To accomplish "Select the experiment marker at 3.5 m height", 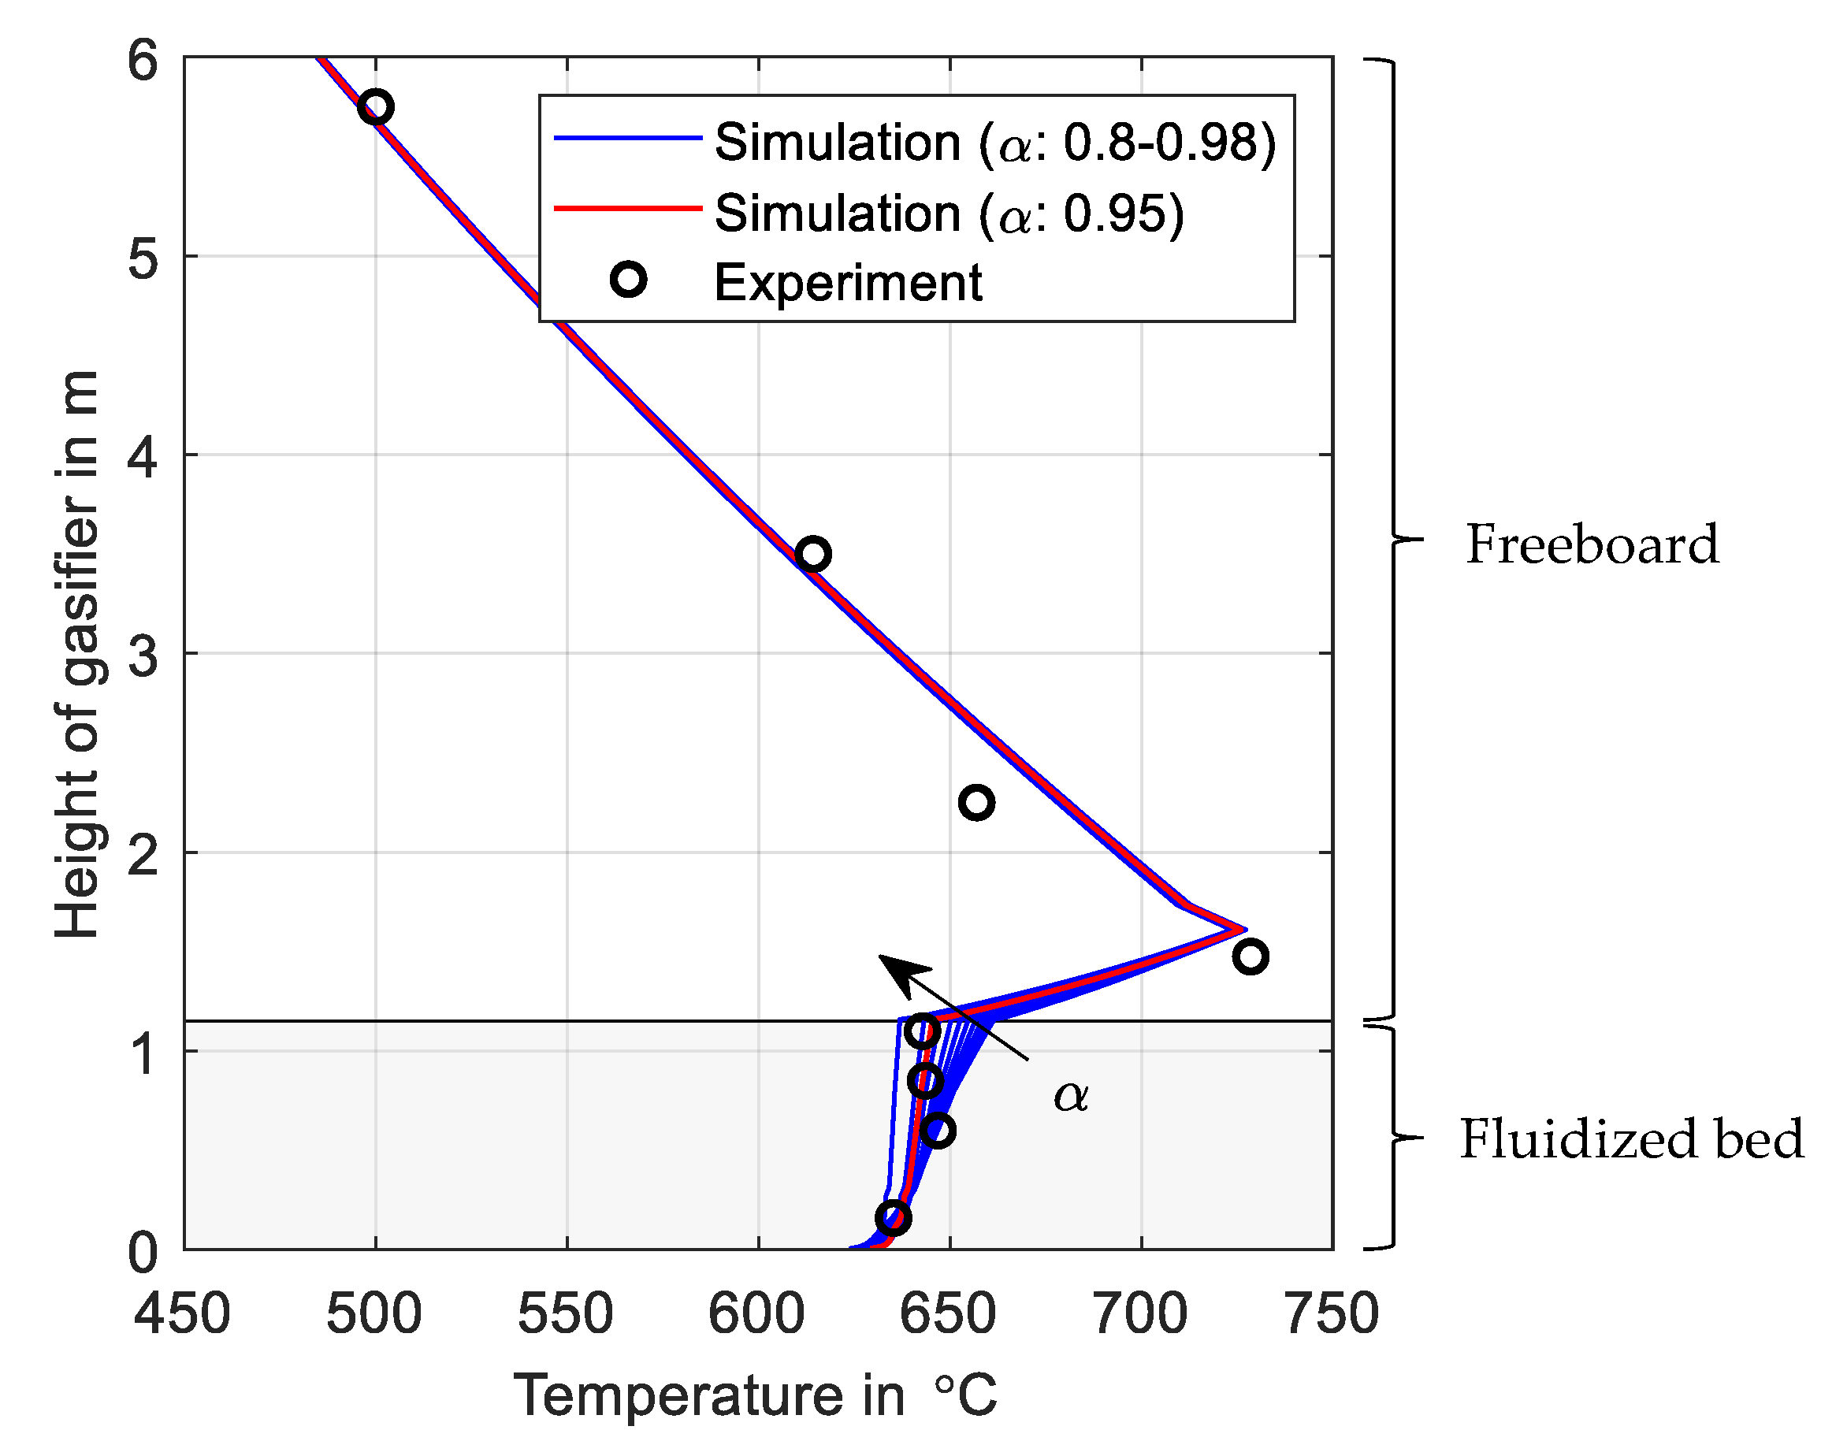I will (x=812, y=555).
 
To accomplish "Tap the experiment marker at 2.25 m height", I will (x=977, y=802).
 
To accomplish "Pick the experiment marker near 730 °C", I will (x=1250, y=956).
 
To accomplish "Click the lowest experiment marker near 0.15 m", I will (x=893, y=1218).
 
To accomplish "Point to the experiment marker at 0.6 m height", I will (x=938, y=1131).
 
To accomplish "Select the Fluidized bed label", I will (x=1631, y=1139).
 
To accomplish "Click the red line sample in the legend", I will (x=627, y=207).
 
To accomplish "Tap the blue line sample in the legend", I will (x=627, y=137).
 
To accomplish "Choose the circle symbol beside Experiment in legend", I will (x=628, y=279).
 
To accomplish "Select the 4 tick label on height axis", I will (x=142, y=457).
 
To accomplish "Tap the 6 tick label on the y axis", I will (x=142, y=61).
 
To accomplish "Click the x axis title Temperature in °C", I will (x=755, y=1395).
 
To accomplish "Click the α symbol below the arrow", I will (x=1071, y=1097).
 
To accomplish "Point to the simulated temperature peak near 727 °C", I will (x=1243, y=930).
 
